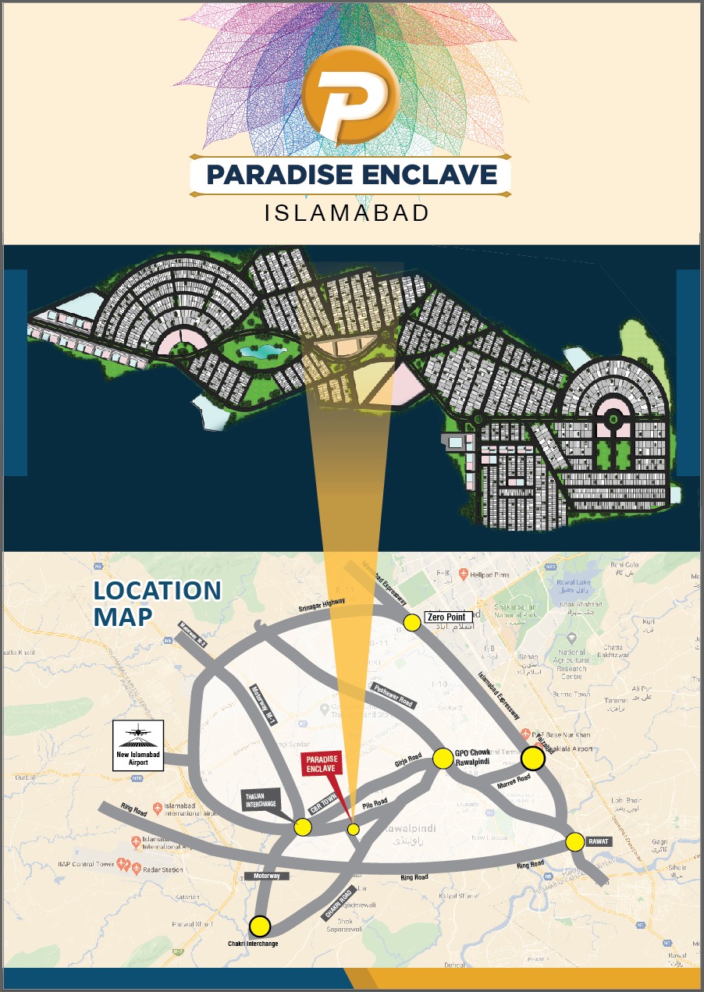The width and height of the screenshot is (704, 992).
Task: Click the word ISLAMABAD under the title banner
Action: [347, 212]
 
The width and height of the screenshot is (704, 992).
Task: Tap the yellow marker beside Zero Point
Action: [411, 622]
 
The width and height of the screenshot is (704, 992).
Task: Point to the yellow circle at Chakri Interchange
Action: [260, 926]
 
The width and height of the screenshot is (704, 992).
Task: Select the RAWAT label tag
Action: [598, 842]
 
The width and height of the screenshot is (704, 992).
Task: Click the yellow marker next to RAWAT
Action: [574, 841]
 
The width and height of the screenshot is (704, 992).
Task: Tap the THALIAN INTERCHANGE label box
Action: [260, 800]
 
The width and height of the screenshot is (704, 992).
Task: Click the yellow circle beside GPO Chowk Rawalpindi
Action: [443, 758]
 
